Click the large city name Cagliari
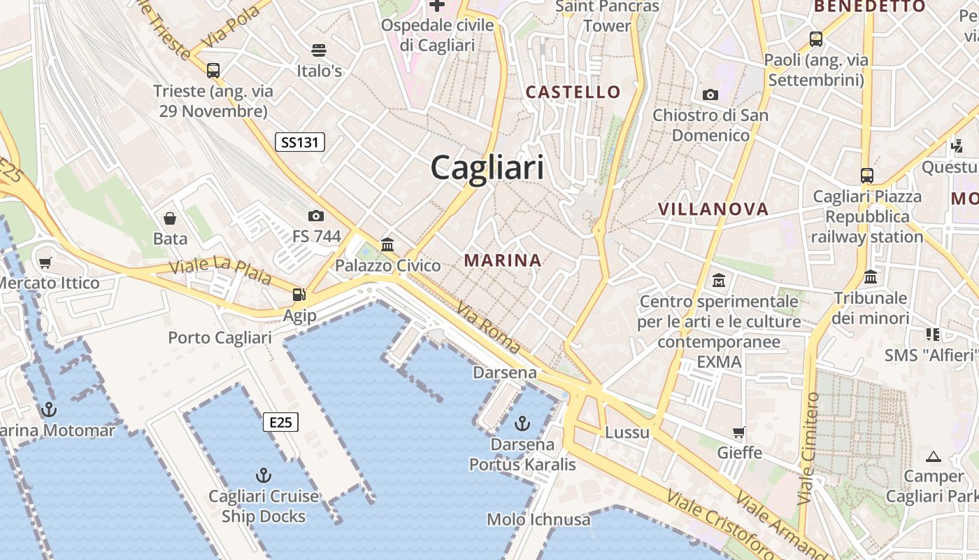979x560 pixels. coord(487,168)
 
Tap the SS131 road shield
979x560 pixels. coord(299,143)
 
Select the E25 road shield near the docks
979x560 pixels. coord(280,422)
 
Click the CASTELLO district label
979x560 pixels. coord(573,92)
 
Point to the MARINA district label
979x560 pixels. coord(503,260)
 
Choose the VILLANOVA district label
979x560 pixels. coord(713,209)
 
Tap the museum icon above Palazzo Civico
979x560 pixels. coord(387,244)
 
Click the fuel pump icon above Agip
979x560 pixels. coord(299,295)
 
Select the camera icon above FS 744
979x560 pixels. coord(316,216)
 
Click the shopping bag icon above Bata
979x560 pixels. coord(170,218)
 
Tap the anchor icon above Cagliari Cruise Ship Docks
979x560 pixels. coord(264,476)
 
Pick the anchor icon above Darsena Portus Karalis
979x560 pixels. coord(522,423)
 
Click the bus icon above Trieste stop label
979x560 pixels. coord(213,71)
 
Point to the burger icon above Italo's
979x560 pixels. coord(319,50)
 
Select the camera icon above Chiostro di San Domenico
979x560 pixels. coord(710,94)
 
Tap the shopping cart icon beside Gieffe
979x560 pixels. coord(739,432)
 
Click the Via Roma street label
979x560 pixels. coord(489,328)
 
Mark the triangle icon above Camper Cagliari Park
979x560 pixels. coord(933,456)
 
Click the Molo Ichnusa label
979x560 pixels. coord(538,519)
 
